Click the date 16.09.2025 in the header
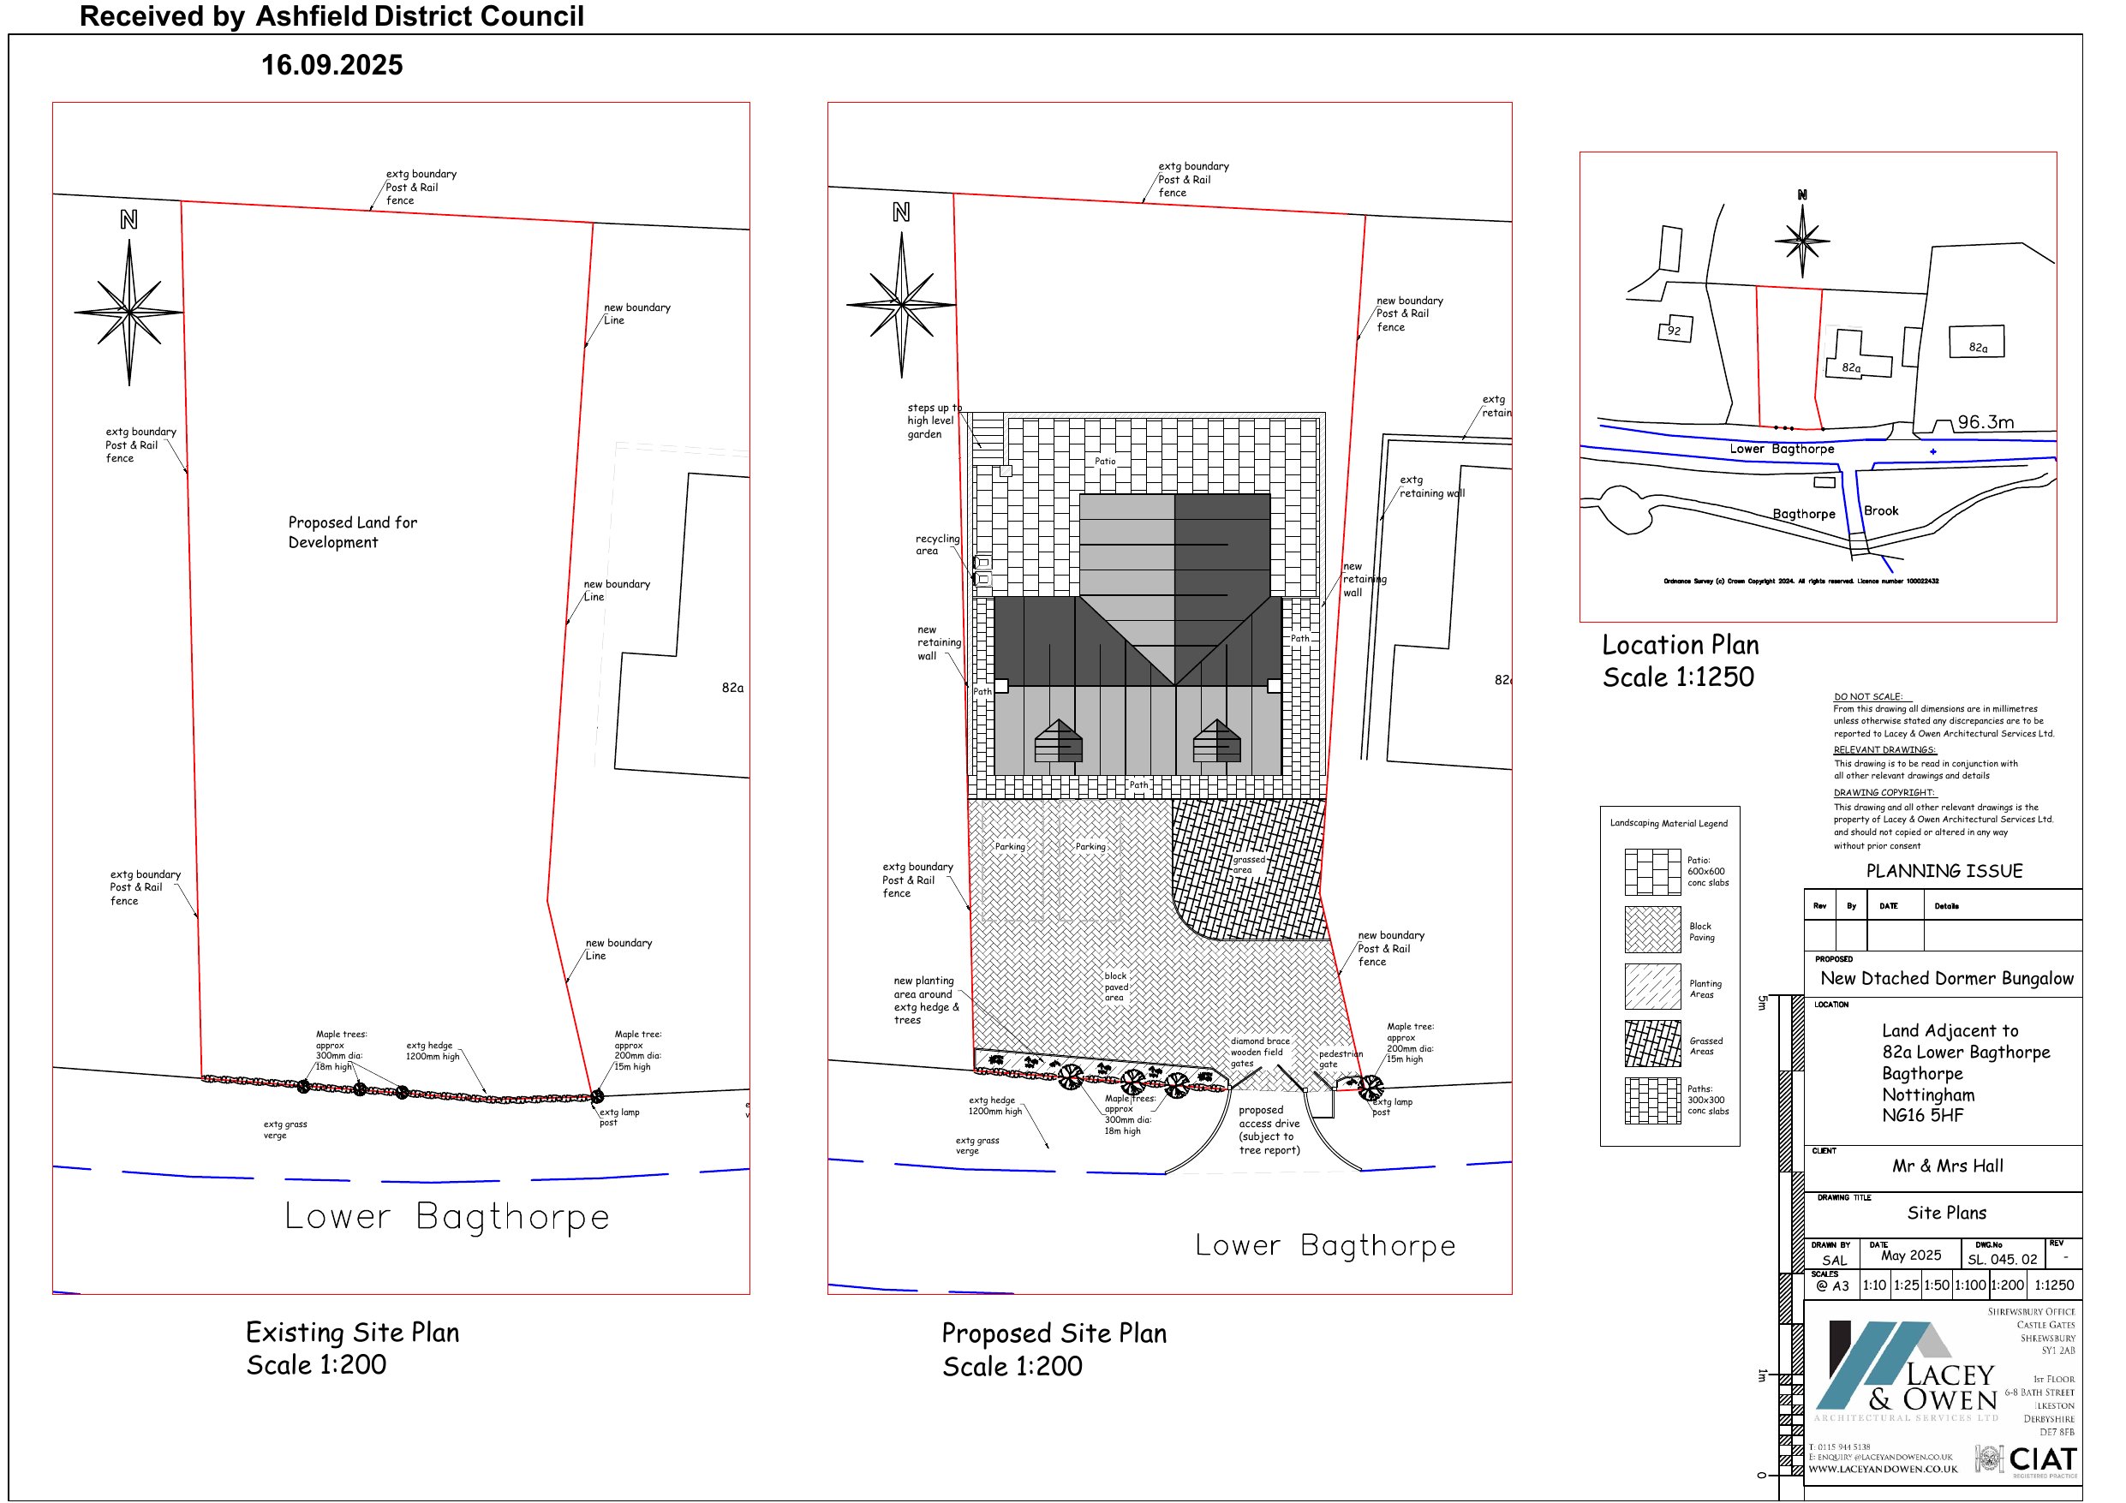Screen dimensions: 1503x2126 [x=331, y=65]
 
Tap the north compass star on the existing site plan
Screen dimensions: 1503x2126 [x=128, y=312]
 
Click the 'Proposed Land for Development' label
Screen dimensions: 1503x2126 [x=352, y=532]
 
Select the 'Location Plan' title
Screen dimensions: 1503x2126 [x=1680, y=645]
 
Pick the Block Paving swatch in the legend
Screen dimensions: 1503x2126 [x=1652, y=929]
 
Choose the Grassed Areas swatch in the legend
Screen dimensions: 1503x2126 [x=1652, y=1044]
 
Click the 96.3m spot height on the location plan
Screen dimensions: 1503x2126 [x=1986, y=422]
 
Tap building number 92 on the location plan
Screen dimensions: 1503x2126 [x=1673, y=331]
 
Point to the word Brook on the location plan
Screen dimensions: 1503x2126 [x=1881, y=511]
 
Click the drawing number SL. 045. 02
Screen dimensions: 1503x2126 [x=2002, y=1260]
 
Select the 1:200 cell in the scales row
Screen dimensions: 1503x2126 [x=2007, y=1285]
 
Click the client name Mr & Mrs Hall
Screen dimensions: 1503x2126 [x=1946, y=1166]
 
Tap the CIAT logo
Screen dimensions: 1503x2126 [x=2041, y=1459]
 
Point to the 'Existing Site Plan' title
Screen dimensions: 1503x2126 [x=352, y=1332]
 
